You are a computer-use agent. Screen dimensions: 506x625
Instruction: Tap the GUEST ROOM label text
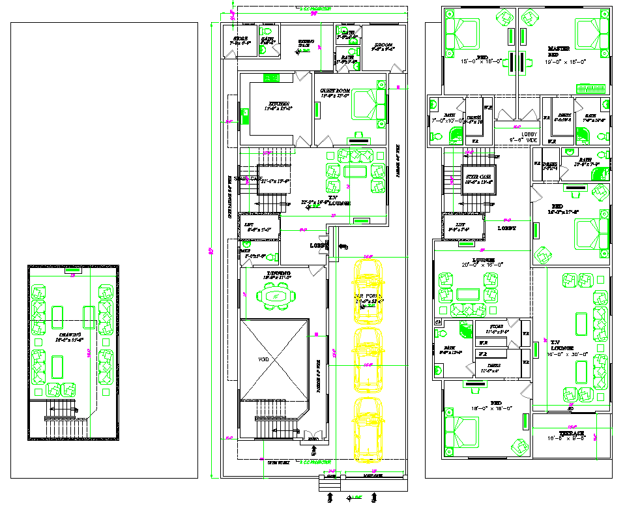pyautogui.click(x=335, y=91)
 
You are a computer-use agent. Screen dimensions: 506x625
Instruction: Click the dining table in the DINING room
pyautogui.click(x=276, y=297)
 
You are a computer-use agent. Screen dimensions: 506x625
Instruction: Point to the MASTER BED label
pyautogui.click(x=559, y=49)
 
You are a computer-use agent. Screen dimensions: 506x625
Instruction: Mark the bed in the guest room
pyautogui.click(x=370, y=104)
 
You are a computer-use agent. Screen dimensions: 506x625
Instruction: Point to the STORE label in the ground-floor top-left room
pyautogui.click(x=240, y=38)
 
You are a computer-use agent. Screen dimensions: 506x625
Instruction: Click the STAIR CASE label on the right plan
pyautogui.click(x=478, y=176)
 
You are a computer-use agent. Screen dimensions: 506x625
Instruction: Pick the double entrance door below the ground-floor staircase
pyautogui.click(x=313, y=436)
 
